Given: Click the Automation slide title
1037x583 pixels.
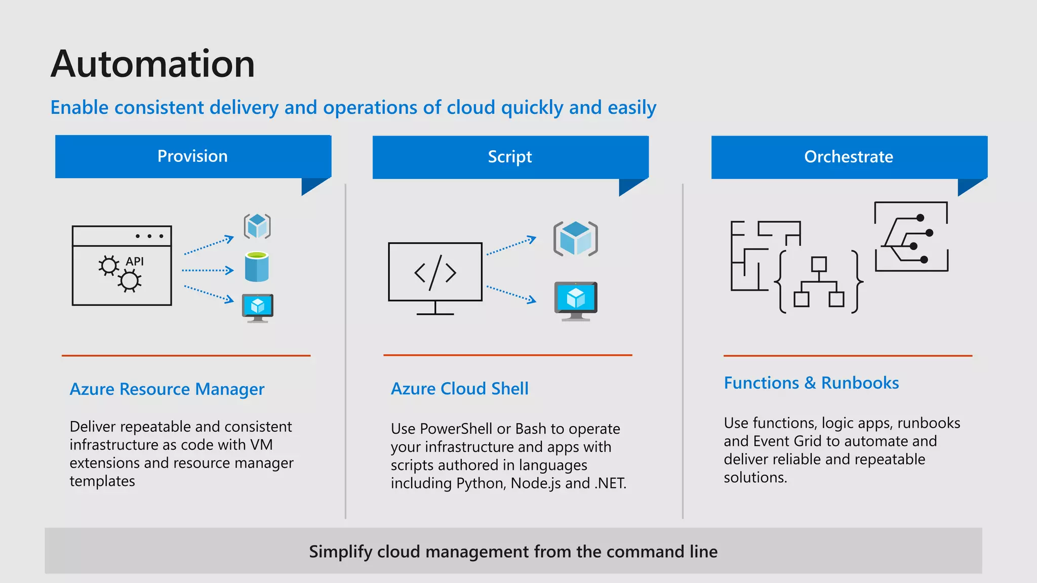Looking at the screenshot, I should tap(152, 64).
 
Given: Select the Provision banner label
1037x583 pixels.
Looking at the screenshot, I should tap(192, 156).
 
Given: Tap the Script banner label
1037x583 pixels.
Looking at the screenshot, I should tap(510, 157).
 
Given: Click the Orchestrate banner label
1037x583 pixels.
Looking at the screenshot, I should tap(849, 157).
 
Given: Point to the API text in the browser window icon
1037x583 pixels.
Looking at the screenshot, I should tap(135, 262).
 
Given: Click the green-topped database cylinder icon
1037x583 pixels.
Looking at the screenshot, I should tap(257, 267).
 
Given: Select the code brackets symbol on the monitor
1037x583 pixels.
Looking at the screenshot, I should tap(435, 273).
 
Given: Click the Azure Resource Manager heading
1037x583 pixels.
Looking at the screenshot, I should tap(167, 389).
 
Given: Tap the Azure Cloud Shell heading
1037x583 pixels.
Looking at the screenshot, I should tap(460, 389).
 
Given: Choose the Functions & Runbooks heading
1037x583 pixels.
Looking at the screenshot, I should tap(811, 383).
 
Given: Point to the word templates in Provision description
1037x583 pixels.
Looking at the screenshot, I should tap(102, 481).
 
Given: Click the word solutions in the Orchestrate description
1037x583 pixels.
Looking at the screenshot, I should tap(755, 478).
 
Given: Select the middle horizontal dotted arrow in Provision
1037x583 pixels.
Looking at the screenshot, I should tap(208, 270).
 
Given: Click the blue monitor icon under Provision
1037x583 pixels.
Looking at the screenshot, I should tap(258, 307).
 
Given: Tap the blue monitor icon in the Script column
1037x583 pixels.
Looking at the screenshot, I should tap(576, 301).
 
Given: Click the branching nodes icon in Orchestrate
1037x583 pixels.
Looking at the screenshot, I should tap(911, 237).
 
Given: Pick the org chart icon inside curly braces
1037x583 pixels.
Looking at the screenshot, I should tap(819, 282).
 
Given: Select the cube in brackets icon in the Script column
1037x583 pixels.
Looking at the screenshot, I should tap(576, 238).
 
